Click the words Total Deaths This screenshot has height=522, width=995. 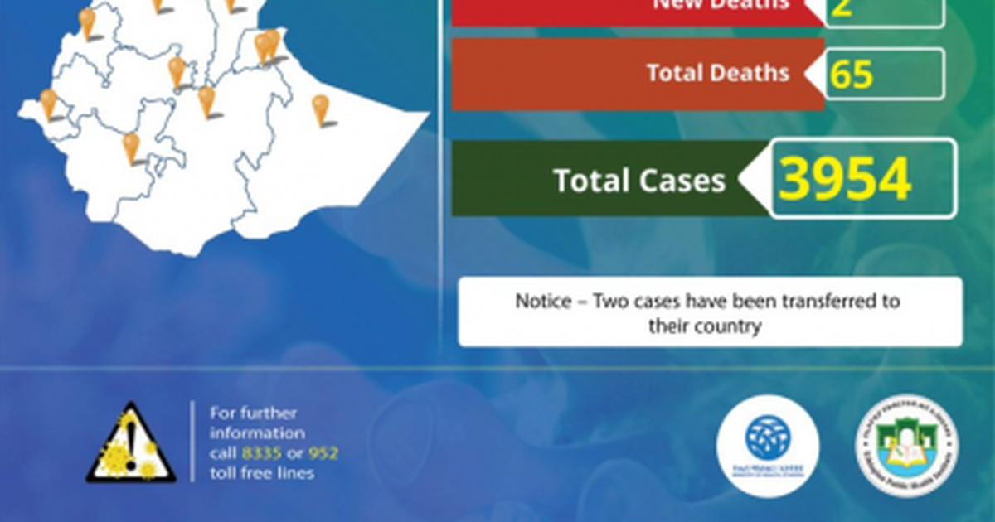[x=717, y=73]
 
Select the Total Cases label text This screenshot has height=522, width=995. [x=638, y=181]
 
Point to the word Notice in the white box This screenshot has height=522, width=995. [x=543, y=301]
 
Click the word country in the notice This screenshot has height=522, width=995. [x=729, y=326]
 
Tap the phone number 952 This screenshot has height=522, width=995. [x=323, y=453]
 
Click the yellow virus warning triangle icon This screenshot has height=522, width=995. [x=131, y=444]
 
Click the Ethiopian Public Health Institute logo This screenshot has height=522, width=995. [x=906, y=445]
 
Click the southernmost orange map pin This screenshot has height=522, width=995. [x=131, y=147]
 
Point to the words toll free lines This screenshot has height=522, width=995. [x=262, y=473]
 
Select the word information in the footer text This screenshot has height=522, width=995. [x=257, y=433]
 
